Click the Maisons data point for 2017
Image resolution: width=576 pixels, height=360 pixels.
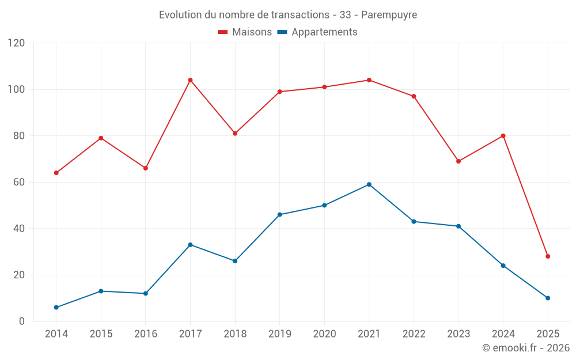coord(190,80)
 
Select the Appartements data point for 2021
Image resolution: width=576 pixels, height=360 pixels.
coord(369,184)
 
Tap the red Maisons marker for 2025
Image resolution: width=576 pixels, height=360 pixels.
coord(548,256)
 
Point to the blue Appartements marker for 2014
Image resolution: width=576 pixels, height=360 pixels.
coord(56,308)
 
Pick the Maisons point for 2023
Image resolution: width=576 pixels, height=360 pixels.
coord(458,161)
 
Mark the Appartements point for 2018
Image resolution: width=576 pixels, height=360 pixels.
coord(235,261)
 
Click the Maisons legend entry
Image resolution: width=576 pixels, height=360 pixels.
coord(245,32)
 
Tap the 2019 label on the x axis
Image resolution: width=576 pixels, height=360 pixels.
coord(279,334)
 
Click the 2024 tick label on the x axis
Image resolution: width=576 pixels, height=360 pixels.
coord(503,334)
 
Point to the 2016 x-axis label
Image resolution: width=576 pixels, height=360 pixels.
coord(145,334)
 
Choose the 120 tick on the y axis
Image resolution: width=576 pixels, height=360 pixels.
coord(17,43)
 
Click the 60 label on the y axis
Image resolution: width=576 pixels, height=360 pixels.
coord(20,182)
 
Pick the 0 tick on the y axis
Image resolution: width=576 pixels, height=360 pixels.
coord(22,321)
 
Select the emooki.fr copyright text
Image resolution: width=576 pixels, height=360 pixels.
coord(526,348)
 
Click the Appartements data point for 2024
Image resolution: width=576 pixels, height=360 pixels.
coord(503,266)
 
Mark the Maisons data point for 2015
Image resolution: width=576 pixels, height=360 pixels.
coord(101,138)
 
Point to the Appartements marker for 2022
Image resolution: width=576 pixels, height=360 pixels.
coord(414,222)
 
